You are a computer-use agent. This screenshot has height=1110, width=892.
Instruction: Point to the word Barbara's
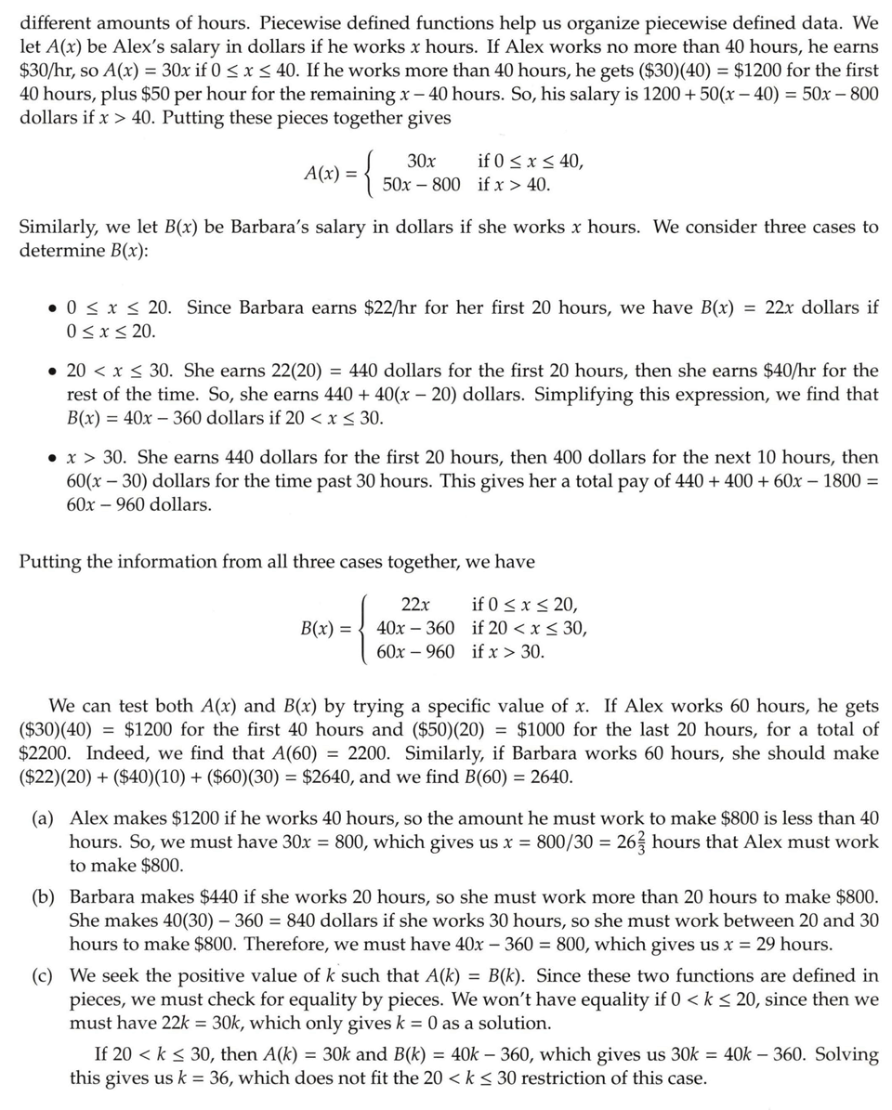click(x=263, y=228)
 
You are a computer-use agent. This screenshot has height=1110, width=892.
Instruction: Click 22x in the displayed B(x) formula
click(x=415, y=604)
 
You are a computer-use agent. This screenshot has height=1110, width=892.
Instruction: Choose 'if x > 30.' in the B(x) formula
click(x=508, y=652)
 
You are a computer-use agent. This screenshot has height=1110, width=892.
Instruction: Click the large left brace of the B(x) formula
click(x=365, y=628)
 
